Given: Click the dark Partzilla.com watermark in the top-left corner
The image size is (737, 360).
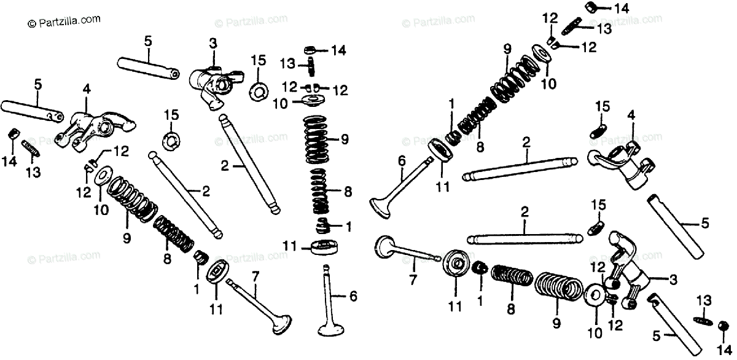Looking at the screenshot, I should (64, 21).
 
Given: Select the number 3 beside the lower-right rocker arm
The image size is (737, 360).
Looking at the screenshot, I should (673, 281).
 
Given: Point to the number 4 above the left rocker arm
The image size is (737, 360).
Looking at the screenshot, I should (86, 90).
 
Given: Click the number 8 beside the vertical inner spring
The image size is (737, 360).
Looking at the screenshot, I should (348, 192).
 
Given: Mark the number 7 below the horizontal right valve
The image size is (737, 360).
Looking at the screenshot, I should (413, 280).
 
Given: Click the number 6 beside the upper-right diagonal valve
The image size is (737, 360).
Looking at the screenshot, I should (401, 161).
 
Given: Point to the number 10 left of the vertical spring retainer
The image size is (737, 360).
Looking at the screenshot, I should (279, 104).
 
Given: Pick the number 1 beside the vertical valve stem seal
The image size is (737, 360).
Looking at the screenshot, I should (348, 227).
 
